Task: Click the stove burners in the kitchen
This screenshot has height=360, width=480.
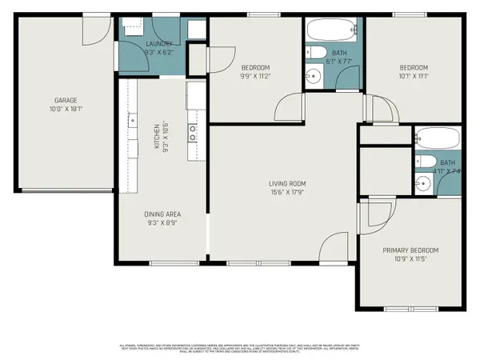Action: (x=193, y=133)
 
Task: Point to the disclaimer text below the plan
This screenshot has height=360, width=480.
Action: (x=240, y=347)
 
